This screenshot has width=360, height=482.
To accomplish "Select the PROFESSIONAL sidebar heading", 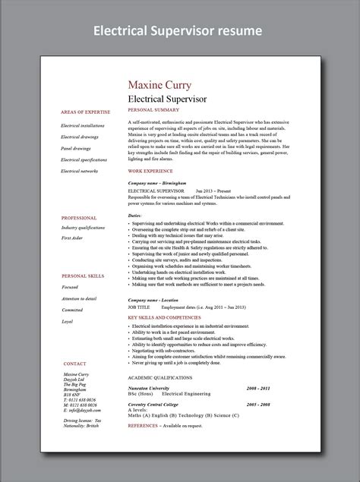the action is [78, 217].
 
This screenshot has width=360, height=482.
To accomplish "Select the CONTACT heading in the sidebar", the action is [74, 364].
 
